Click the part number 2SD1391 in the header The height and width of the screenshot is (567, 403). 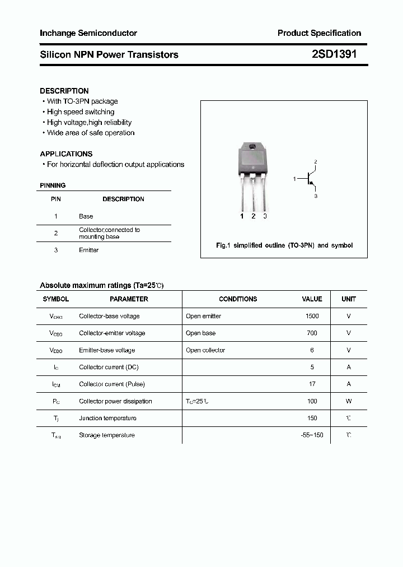[x=334, y=54]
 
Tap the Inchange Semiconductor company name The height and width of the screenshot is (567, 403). [x=88, y=33]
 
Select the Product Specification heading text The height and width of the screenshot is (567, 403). [x=319, y=33]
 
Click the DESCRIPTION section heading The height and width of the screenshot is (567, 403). [x=64, y=91]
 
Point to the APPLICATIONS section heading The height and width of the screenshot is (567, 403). [x=66, y=154]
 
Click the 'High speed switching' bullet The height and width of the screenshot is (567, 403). [x=80, y=112]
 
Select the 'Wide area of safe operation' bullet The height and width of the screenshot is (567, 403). [x=90, y=133]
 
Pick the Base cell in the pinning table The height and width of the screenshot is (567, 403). [x=86, y=216]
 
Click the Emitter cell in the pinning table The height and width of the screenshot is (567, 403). [x=88, y=250]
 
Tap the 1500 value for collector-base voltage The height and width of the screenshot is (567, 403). [x=312, y=316]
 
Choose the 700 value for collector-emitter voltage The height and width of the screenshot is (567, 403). [x=312, y=333]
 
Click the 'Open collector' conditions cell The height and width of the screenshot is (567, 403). [x=205, y=350]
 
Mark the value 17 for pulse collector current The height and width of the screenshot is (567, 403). [x=312, y=384]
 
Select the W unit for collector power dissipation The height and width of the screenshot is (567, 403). [x=349, y=401]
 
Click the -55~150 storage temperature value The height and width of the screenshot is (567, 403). [x=312, y=435]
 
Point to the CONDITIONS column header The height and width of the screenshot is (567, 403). [x=238, y=299]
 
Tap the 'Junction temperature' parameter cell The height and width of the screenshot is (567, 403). [x=108, y=418]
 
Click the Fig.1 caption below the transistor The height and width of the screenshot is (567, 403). [x=284, y=245]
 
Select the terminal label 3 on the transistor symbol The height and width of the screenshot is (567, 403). [x=315, y=197]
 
